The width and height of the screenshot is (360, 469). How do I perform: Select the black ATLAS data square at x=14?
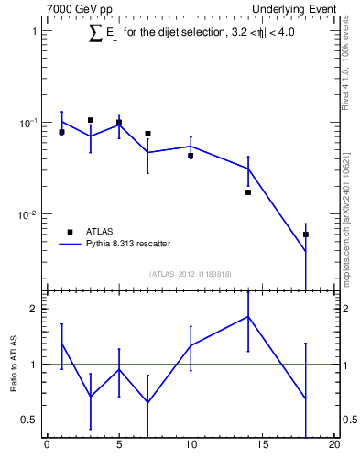pyautogui.click(x=248, y=192)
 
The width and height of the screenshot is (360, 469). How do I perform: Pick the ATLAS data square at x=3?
pyautogui.click(x=91, y=120)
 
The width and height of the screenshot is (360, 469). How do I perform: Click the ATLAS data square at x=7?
pyautogui.click(x=147, y=134)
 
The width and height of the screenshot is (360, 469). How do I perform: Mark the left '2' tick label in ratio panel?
pyautogui.click(x=34, y=309)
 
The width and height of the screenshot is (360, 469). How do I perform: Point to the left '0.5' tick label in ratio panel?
pyautogui.click(x=30, y=420)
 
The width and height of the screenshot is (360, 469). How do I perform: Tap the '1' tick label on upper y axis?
pyautogui.click(x=34, y=31)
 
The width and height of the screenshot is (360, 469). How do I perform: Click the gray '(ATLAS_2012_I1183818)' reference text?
pyautogui.click(x=191, y=274)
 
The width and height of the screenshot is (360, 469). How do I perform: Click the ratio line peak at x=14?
pyautogui.click(x=248, y=317)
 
